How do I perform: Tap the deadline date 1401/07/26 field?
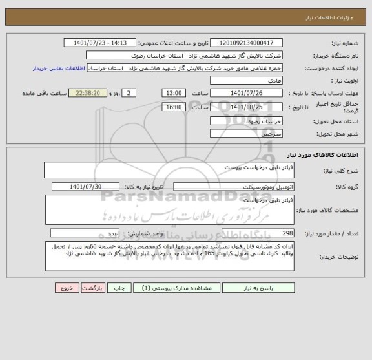click(246, 93)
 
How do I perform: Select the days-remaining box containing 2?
click(130, 93)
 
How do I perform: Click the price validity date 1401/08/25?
click(246, 107)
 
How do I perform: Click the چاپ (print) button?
click(117, 288)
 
